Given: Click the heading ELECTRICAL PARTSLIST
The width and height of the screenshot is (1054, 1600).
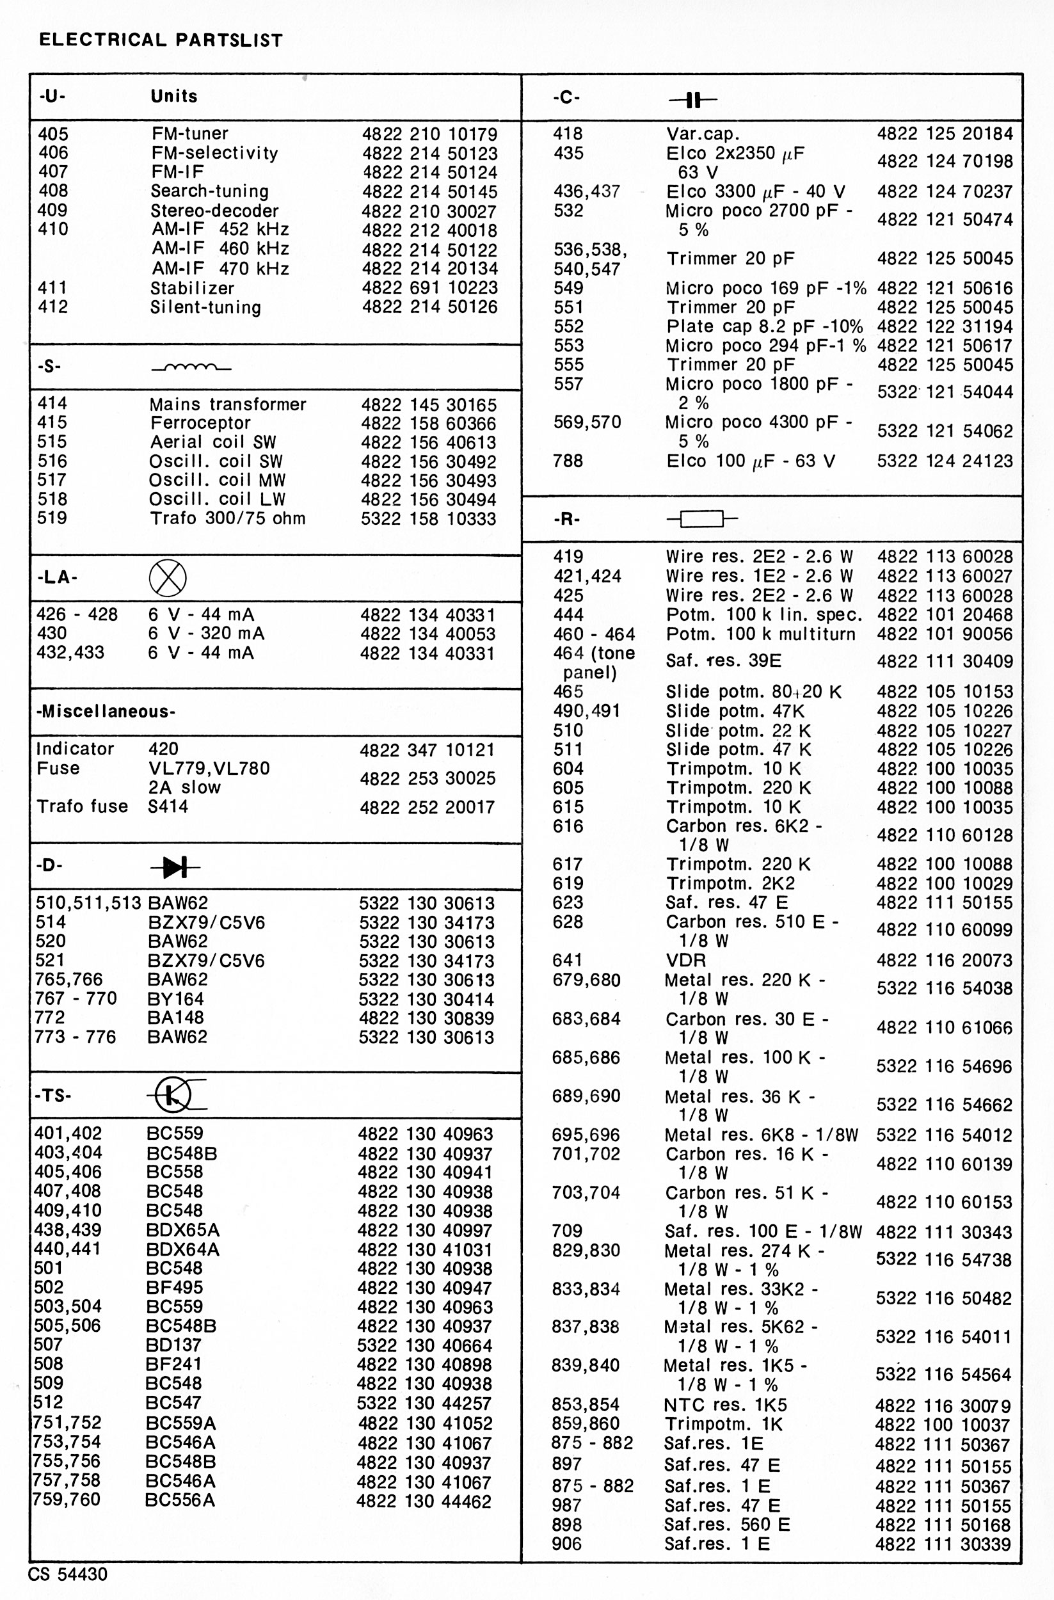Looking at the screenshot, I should [x=161, y=40].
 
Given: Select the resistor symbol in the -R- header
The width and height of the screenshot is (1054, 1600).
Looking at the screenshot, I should [x=702, y=519].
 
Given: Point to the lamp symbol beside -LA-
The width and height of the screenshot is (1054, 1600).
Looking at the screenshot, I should [x=168, y=577].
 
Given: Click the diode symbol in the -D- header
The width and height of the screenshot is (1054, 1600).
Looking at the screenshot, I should [x=175, y=867].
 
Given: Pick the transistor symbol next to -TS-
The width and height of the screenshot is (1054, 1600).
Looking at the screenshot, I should [x=175, y=1096].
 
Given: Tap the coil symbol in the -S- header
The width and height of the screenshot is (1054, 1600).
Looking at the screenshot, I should [x=191, y=368].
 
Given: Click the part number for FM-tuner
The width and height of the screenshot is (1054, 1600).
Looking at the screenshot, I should [x=429, y=134].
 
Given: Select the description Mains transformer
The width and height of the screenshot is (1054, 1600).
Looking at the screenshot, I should [x=227, y=404].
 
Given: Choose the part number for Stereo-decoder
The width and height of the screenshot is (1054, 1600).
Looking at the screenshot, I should [x=429, y=211].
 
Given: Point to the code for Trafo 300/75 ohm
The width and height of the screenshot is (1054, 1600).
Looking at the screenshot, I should [x=428, y=518].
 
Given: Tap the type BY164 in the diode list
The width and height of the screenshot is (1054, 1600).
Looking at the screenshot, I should [x=175, y=999].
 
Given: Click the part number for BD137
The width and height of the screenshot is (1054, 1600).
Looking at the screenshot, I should [x=425, y=1345].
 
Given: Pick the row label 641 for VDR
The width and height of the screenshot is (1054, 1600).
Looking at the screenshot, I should [x=568, y=960].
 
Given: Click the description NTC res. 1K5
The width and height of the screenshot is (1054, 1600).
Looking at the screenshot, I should [x=724, y=1405].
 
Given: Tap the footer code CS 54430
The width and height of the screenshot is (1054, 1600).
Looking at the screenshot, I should [x=67, y=1574].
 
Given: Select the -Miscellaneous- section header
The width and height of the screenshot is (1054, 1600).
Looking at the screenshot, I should [x=106, y=711].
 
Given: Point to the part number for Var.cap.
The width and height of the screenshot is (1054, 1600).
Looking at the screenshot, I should [x=945, y=134].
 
